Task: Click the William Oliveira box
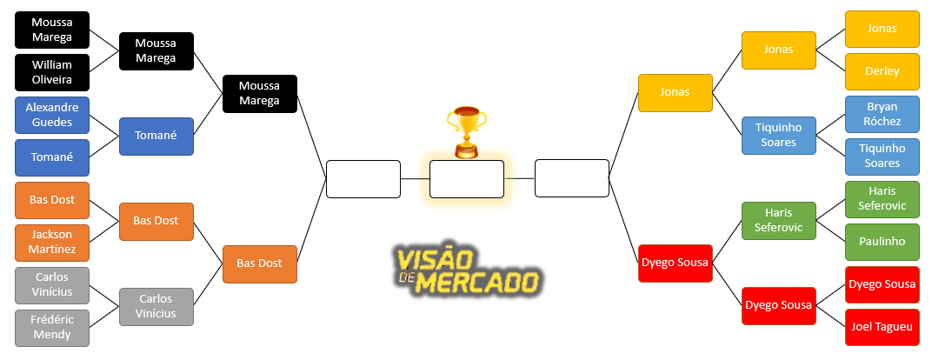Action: click(x=52, y=72)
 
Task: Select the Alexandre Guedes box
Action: click(x=52, y=115)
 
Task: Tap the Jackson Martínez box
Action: click(x=52, y=243)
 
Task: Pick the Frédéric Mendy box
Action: click(x=52, y=328)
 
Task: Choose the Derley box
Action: click(x=882, y=71)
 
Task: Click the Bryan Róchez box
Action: click(x=882, y=114)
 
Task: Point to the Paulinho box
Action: click(x=882, y=242)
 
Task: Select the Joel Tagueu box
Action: click(x=882, y=327)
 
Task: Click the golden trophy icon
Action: click(x=466, y=131)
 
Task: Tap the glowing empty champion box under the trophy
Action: click(x=466, y=179)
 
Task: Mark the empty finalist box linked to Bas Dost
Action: click(x=363, y=179)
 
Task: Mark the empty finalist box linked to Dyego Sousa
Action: click(x=571, y=178)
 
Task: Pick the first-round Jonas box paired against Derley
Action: click(x=882, y=29)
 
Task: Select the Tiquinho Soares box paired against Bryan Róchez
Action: click(x=882, y=157)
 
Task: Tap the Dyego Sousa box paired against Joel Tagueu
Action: click(x=882, y=284)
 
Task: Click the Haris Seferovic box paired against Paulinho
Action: click(x=882, y=199)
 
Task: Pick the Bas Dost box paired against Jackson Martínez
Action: click(x=52, y=200)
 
